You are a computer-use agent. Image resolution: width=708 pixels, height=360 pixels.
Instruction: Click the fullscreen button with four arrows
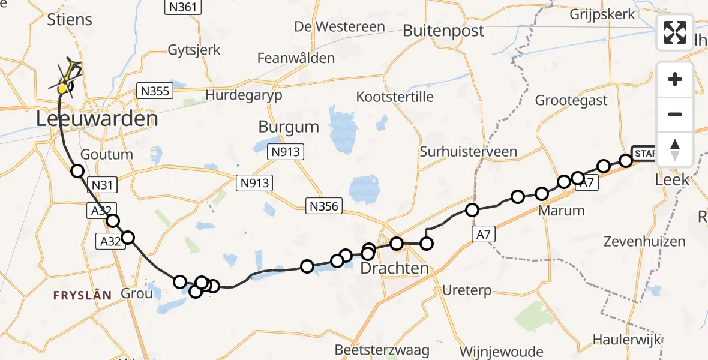click(675, 32)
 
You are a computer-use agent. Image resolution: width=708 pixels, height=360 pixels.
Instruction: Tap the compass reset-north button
click(675, 149)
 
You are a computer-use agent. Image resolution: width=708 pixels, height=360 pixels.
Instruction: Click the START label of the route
click(645, 152)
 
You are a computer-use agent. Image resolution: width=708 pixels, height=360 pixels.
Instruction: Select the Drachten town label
click(394, 268)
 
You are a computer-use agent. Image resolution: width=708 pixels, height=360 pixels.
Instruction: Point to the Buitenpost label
click(443, 31)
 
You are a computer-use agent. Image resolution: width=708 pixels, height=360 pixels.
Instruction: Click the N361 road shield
click(183, 7)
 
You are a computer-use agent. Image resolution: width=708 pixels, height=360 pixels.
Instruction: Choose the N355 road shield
click(155, 91)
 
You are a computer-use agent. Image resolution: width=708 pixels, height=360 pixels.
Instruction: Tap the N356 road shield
click(324, 206)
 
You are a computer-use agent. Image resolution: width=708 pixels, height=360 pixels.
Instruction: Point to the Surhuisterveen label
click(468, 151)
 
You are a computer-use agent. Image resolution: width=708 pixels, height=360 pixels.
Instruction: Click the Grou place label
click(136, 294)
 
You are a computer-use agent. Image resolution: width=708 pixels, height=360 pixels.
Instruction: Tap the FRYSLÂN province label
click(82, 295)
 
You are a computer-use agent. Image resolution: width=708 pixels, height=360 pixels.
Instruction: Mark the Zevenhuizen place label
click(645, 242)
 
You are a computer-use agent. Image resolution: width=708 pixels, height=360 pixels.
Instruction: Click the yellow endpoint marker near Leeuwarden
click(62, 89)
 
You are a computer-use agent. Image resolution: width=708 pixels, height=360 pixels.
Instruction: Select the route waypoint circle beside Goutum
click(77, 171)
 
